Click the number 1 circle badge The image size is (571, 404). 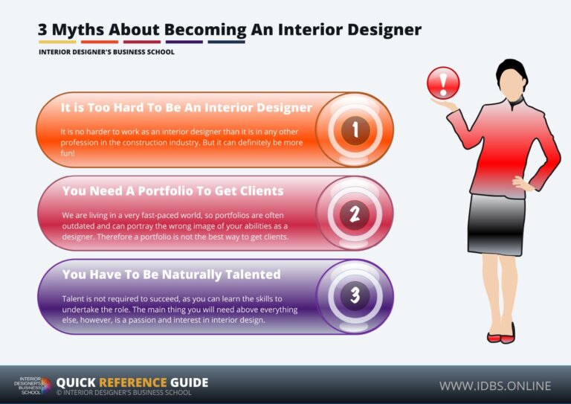(355, 130)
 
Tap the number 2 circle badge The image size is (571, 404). (355, 214)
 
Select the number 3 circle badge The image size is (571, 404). (355, 295)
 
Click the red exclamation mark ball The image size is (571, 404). (443, 82)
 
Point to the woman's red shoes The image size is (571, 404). (500, 336)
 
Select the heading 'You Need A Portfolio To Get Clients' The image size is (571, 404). (172, 190)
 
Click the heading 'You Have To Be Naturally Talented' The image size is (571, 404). (171, 275)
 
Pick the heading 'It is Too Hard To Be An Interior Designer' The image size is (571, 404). (186, 108)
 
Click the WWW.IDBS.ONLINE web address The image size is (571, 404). (495, 385)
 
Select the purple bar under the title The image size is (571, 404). (184, 42)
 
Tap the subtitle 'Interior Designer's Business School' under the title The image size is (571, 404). (106, 52)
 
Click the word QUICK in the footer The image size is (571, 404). (77, 382)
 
